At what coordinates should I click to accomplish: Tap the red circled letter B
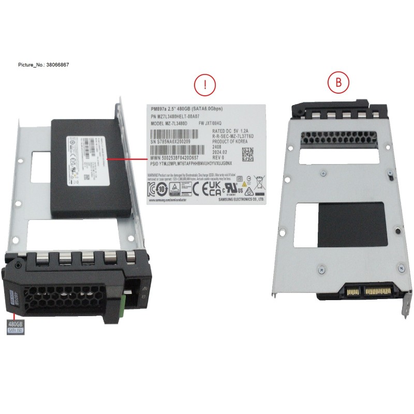(x=338, y=82)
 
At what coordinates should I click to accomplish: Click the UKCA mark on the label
(x=215, y=187)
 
